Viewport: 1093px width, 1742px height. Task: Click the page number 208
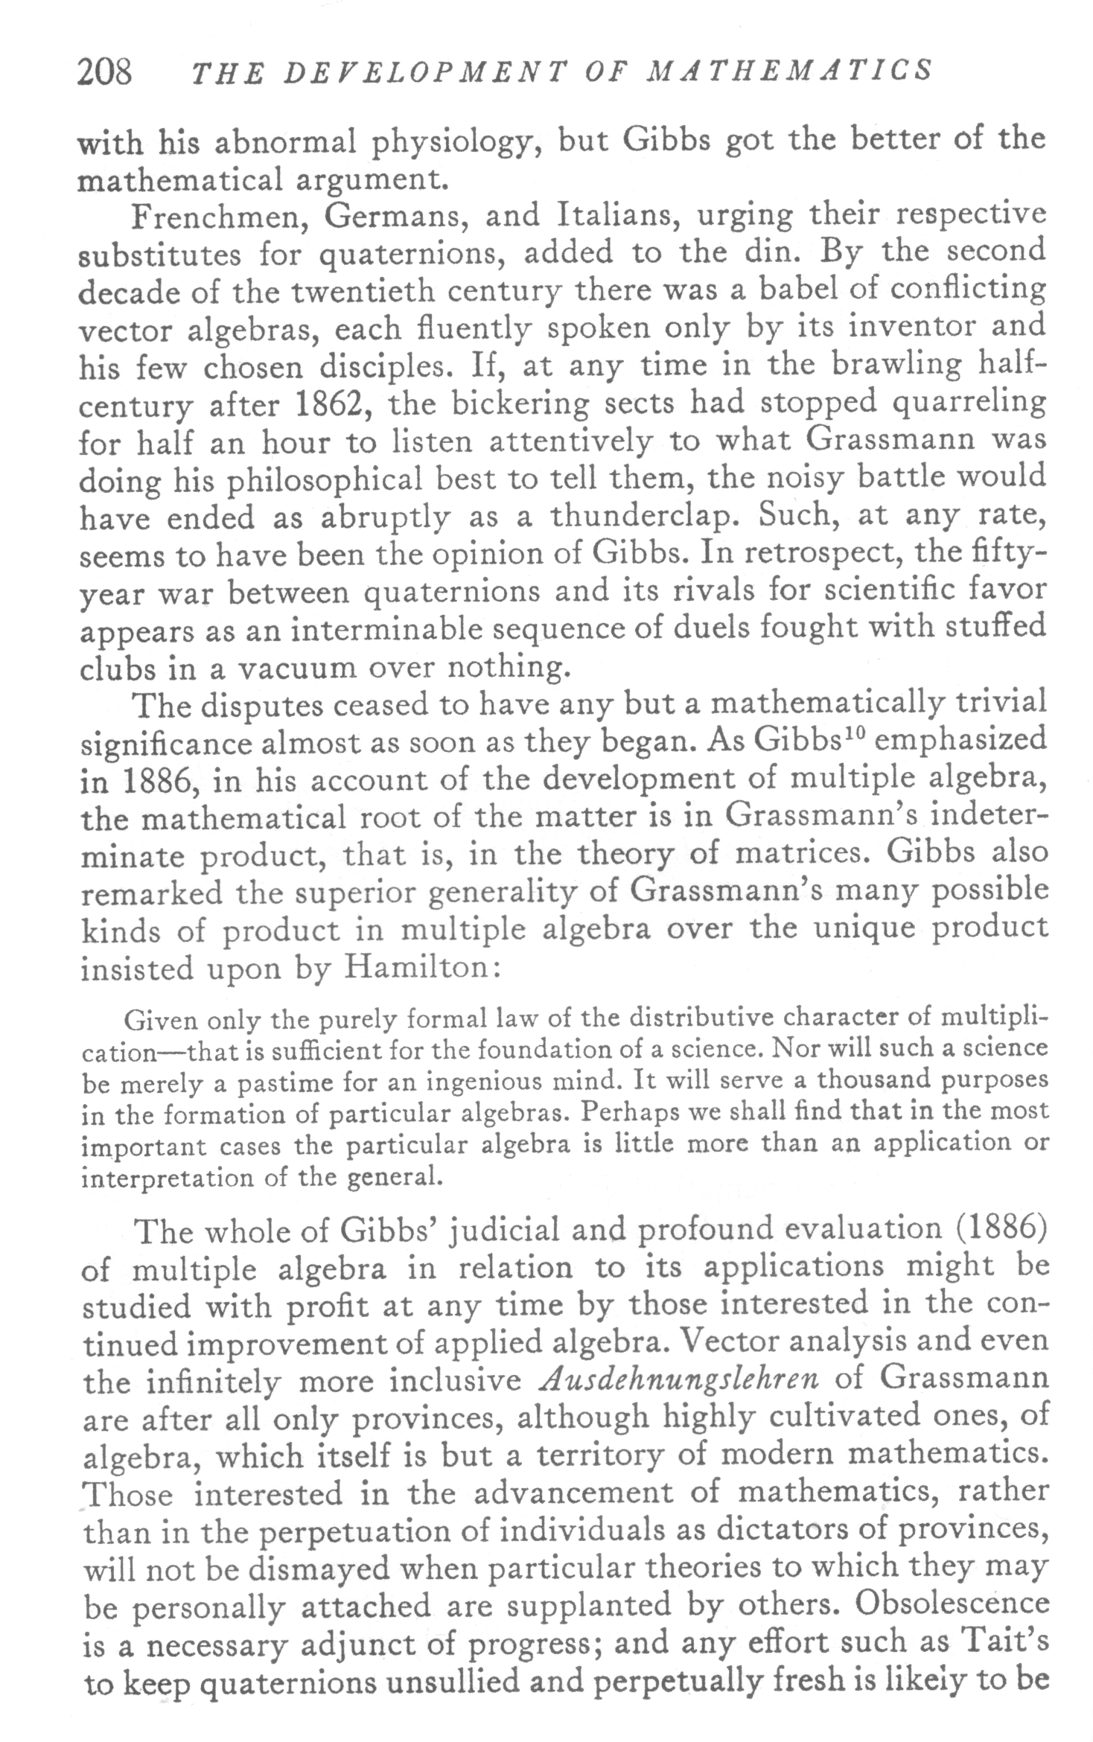tap(105, 73)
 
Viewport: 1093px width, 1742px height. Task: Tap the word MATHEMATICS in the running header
tap(791, 71)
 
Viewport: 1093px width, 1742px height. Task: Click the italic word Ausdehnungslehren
tap(678, 1379)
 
